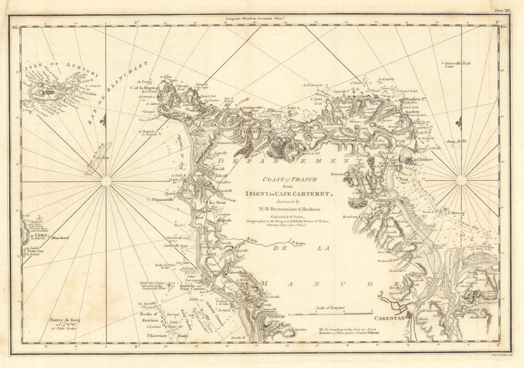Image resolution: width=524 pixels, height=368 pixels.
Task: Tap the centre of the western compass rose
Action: (106, 180)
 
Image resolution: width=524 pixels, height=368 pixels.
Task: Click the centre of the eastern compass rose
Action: (461, 180)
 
